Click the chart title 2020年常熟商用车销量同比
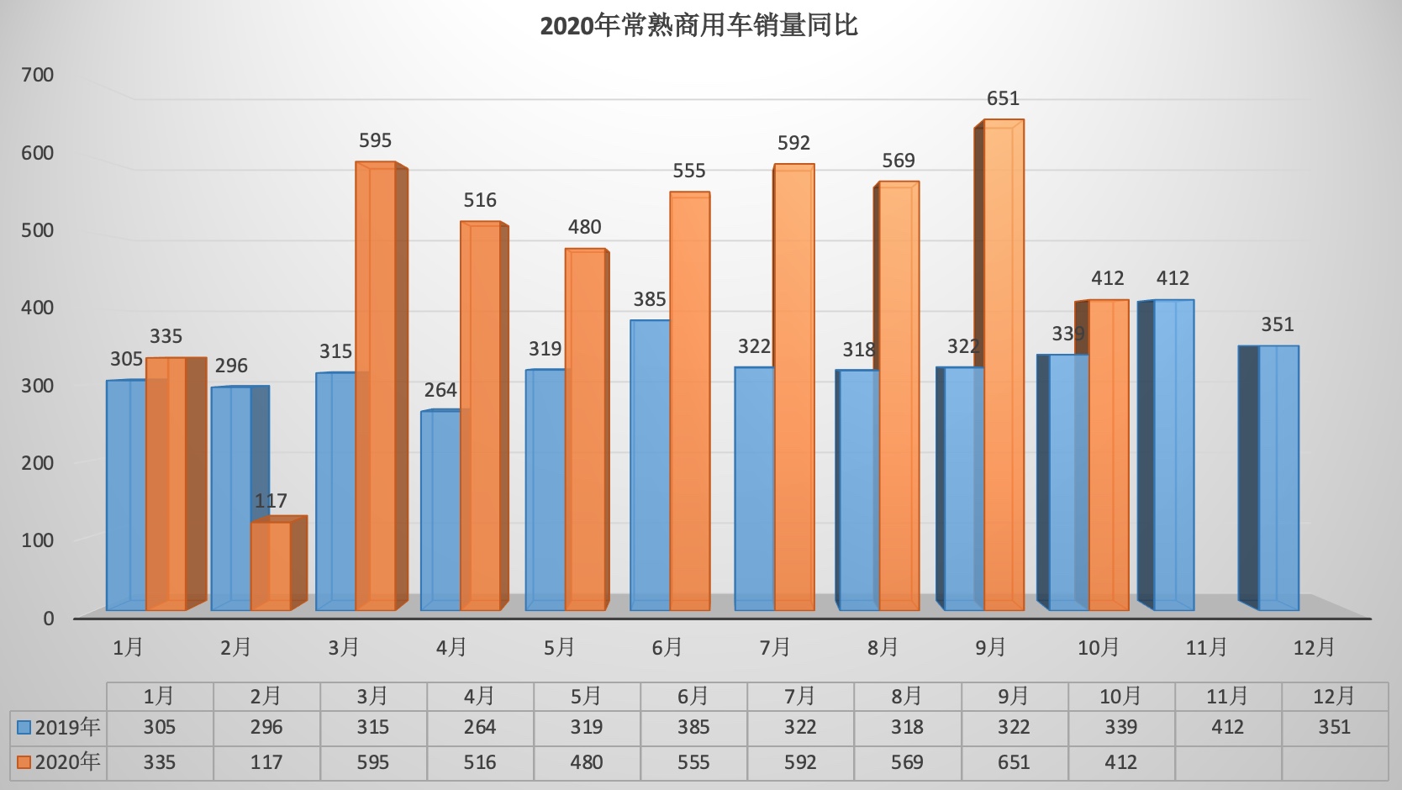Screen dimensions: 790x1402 [698, 26]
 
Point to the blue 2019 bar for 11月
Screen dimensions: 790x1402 [1173, 455]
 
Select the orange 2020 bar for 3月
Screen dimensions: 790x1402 [375, 387]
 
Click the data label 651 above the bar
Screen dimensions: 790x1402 [1003, 99]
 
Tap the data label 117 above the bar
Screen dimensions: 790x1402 [271, 502]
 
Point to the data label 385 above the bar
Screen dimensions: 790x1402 [650, 300]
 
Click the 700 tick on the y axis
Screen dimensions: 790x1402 [38, 76]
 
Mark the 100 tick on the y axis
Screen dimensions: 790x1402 [38, 540]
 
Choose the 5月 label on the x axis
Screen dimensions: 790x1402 [559, 648]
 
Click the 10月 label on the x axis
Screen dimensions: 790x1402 [1099, 648]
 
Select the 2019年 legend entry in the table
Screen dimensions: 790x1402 [59, 728]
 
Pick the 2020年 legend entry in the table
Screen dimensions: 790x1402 [59, 762]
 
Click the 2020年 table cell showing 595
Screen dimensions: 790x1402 [372, 762]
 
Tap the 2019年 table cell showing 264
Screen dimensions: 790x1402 [479, 728]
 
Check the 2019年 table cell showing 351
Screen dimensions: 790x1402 [1334, 728]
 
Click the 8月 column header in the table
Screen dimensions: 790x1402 [907, 697]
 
